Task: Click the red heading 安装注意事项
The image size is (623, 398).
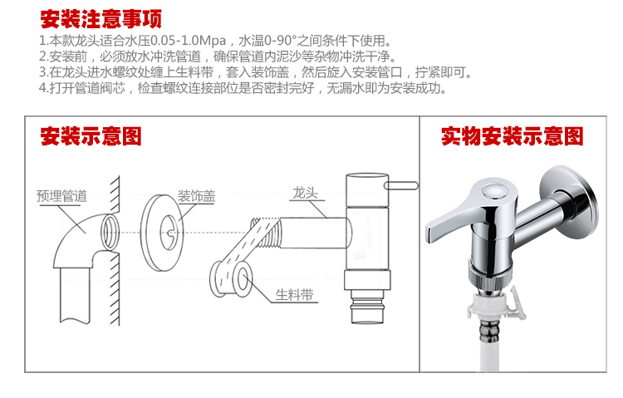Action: click(x=101, y=19)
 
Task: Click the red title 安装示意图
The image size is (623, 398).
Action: click(x=91, y=136)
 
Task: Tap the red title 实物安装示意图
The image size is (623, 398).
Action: click(x=513, y=136)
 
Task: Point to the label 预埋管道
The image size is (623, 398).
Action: click(x=61, y=195)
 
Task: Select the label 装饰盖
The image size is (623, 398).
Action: click(x=196, y=195)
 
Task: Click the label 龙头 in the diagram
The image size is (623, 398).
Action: click(x=305, y=193)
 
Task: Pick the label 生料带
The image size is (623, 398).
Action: click(x=294, y=295)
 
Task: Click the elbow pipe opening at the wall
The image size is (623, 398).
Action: click(x=110, y=232)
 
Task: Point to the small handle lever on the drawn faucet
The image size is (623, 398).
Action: click(x=401, y=185)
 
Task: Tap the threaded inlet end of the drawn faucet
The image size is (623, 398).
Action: click(x=266, y=232)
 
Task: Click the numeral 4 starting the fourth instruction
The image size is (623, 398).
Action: click(x=42, y=88)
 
